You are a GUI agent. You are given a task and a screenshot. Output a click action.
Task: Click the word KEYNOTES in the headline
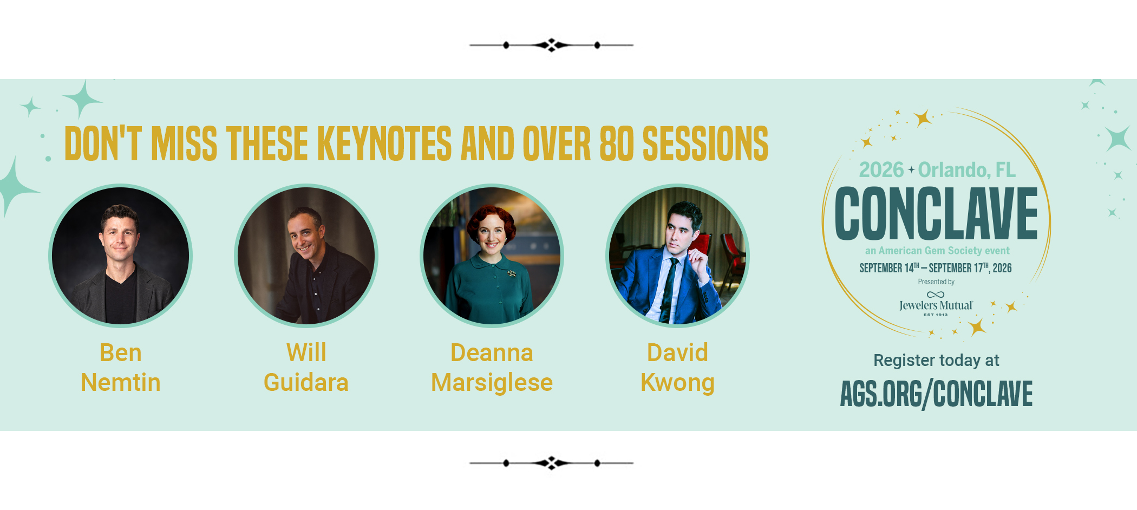(384, 143)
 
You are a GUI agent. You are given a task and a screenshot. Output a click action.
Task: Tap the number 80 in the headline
(616, 143)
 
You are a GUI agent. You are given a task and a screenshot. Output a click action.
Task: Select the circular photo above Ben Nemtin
(121, 256)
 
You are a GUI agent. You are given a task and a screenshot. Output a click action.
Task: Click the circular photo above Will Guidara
(306, 256)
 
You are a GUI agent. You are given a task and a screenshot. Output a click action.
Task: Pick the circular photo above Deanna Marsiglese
(492, 256)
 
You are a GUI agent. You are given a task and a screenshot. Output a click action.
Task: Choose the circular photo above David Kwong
(678, 256)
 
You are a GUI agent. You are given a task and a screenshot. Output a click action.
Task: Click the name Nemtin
(121, 382)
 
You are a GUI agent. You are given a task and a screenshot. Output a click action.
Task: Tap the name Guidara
(306, 382)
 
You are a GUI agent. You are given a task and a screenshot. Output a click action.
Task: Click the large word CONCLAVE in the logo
(936, 214)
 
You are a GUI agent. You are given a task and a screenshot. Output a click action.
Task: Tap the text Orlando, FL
(967, 170)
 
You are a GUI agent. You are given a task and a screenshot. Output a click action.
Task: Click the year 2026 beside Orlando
(881, 170)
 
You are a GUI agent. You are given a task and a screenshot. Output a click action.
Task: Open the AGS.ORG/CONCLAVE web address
(936, 394)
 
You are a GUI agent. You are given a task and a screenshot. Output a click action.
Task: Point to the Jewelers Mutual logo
(936, 304)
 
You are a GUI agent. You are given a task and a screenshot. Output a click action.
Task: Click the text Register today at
(936, 361)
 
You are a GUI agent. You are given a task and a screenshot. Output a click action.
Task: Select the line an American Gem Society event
(937, 251)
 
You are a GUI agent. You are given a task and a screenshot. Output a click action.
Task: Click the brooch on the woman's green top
(511, 273)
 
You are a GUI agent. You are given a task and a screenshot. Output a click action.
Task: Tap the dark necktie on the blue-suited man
(668, 290)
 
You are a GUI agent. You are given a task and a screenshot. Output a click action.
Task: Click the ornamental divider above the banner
(551, 45)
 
